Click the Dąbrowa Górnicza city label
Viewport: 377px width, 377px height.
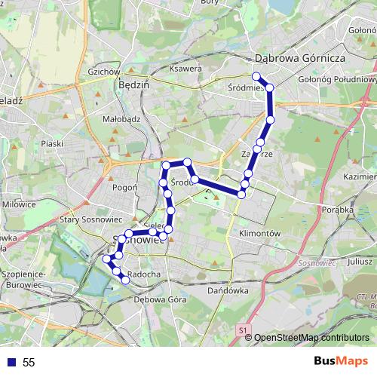pyautogui.click(x=299, y=57)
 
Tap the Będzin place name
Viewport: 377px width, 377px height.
pyautogui.click(x=134, y=85)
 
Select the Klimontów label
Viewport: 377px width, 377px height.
pyautogui.click(x=259, y=234)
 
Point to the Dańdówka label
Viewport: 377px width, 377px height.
pyautogui.click(x=227, y=290)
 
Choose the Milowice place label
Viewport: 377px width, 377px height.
pyautogui.click(x=19, y=204)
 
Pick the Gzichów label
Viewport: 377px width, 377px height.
pyautogui.click(x=105, y=72)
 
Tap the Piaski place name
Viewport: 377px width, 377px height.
pyautogui.click(x=52, y=143)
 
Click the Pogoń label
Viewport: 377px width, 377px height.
pyautogui.click(x=123, y=187)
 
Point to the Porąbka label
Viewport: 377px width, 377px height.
pyautogui.click(x=336, y=210)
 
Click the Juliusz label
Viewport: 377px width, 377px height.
pyautogui.click(x=339, y=262)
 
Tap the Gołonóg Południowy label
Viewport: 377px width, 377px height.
pyautogui.click(x=338, y=78)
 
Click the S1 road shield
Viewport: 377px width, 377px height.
pyautogui.click(x=242, y=330)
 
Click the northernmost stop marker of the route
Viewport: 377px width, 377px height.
pyautogui.click(x=256, y=75)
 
